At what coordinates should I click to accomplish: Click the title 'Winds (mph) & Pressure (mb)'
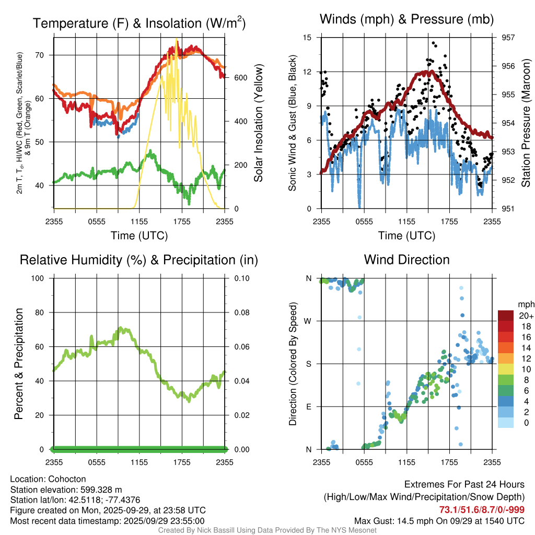(x=406, y=20)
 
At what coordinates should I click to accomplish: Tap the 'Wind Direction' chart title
(x=406, y=260)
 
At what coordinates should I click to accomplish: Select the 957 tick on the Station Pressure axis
(x=508, y=38)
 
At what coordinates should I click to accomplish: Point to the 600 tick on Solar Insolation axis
(x=240, y=77)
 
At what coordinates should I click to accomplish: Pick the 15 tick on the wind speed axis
(x=307, y=38)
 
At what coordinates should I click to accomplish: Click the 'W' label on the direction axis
(x=309, y=321)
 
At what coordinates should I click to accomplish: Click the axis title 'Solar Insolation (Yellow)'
(x=258, y=123)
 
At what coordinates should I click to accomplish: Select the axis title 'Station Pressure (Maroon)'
(x=526, y=123)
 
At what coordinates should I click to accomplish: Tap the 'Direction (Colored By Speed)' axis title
(x=293, y=364)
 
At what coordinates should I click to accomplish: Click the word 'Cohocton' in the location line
(x=67, y=479)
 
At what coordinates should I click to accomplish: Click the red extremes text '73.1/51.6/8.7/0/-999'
(x=482, y=510)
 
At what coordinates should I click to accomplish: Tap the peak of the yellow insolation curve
(x=177, y=39)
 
